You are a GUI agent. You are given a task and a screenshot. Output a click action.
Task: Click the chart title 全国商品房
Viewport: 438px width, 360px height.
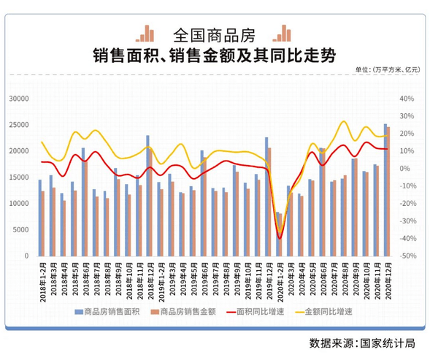[218, 34]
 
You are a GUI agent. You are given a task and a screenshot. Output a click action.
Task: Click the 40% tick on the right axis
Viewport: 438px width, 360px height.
[406, 99]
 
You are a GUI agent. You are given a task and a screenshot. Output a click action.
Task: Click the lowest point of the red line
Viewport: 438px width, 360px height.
[280, 238]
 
